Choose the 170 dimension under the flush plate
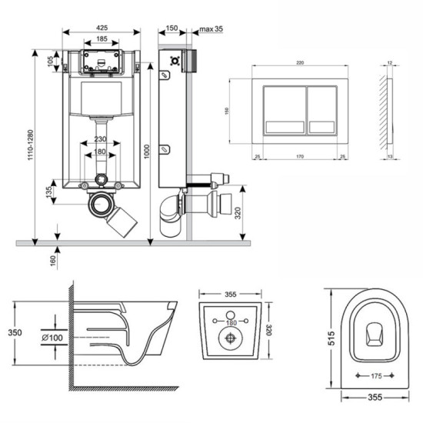pos(297,156)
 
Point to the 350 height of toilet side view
pos(11,333)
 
